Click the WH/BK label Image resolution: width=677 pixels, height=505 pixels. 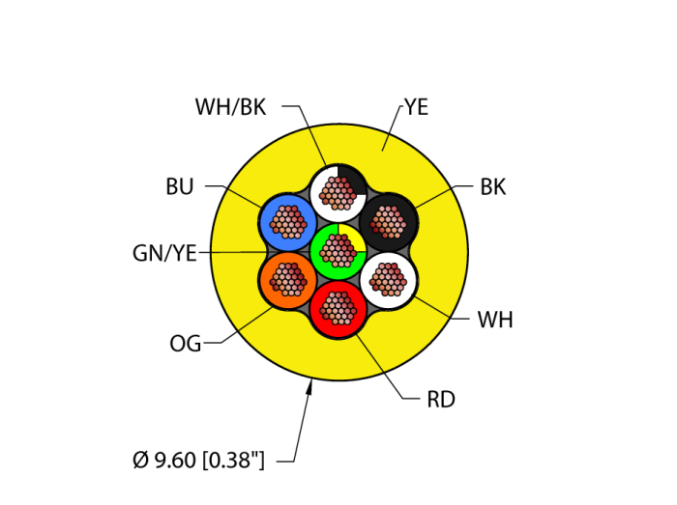pyautogui.click(x=230, y=107)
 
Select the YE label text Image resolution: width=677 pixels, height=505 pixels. pyautogui.click(x=416, y=107)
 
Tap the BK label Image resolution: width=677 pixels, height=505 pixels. pyautogui.click(x=492, y=187)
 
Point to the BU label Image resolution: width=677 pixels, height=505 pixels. pyautogui.click(x=180, y=187)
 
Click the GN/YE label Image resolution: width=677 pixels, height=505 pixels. pyautogui.click(x=164, y=254)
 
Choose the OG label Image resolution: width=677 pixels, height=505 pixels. pyautogui.click(x=186, y=344)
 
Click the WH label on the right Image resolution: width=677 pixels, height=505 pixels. pyautogui.click(x=494, y=321)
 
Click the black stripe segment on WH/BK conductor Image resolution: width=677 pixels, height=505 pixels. pyautogui.click(x=353, y=179)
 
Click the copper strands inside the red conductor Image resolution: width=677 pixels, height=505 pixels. pyautogui.click(x=338, y=308)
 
